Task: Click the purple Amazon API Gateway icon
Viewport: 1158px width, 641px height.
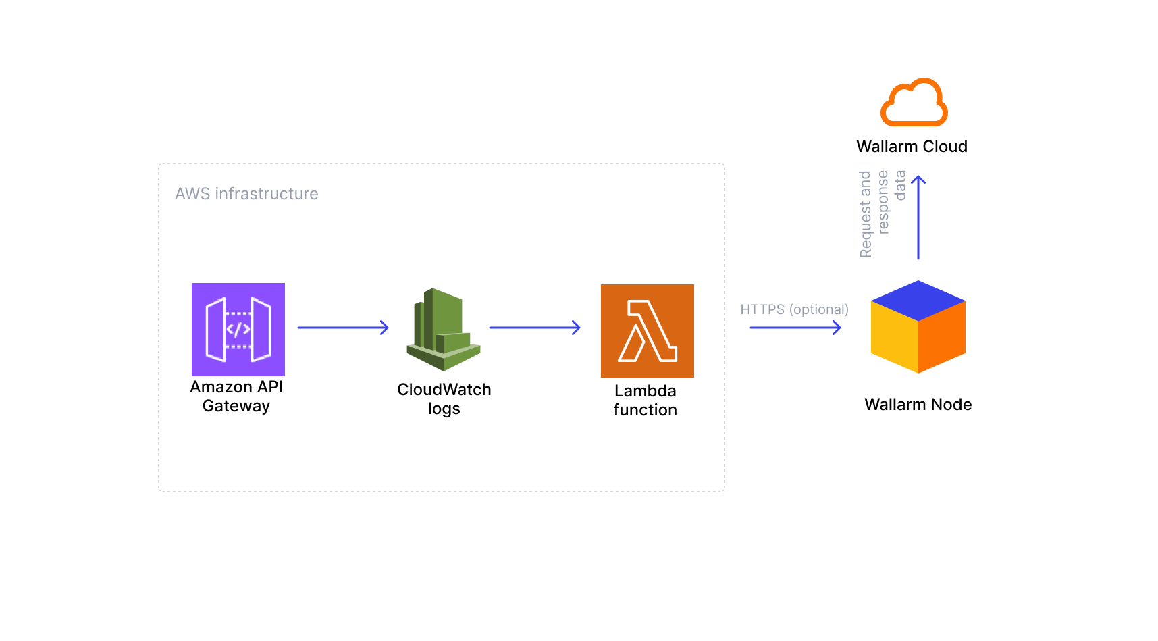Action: (x=238, y=329)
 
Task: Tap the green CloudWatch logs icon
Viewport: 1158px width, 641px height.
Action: (x=443, y=330)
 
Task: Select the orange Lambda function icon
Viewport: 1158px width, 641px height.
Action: (x=647, y=330)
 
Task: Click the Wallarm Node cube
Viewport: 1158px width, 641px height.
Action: (x=918, y=327)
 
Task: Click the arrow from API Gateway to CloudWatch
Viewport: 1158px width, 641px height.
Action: (x=342, y=328)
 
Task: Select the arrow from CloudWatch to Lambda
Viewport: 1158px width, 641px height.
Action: (x=534, y=328)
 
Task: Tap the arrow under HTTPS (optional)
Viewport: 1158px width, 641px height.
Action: (x=795, y=328)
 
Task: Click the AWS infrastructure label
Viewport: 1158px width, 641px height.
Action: (x=246, y=194)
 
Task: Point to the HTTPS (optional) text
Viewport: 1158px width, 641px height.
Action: (x=794, y=309)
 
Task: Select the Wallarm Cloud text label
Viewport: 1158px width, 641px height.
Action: (x=912, y=147)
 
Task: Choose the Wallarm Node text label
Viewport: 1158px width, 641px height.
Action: (x=918, y=405)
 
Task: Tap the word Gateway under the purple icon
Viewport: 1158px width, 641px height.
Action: (x=236, y=406)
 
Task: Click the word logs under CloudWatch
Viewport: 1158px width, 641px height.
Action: (x=444, y=409)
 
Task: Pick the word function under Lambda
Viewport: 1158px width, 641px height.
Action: (x=645, y=410)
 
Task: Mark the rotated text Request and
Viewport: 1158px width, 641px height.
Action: (x=865, y=214)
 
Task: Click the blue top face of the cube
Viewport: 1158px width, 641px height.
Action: (x=918, y=299)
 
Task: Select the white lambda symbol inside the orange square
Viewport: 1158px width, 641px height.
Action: (x=646, y=331)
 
